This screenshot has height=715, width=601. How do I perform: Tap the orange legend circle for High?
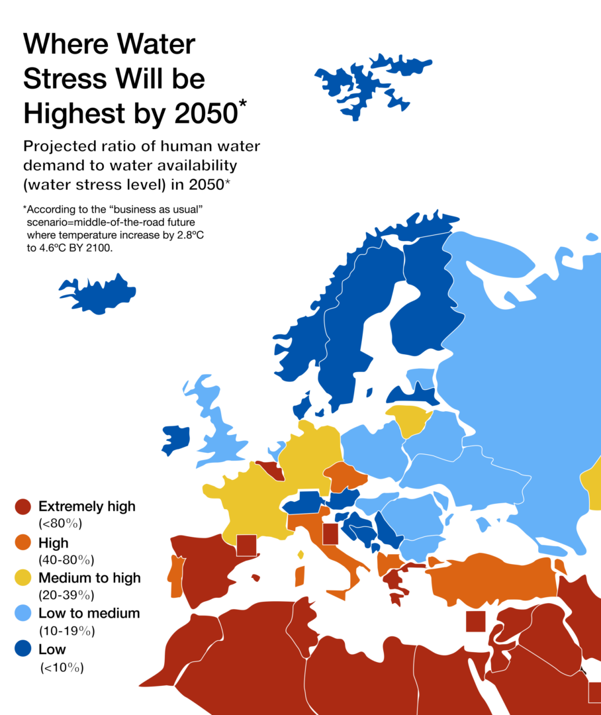click(x=23, y=543)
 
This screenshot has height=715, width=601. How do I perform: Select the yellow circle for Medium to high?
click(x=23, y=578)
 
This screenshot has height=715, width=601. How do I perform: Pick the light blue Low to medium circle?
click(x=23, y=613)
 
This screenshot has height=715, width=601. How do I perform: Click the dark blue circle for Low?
click(x=23, y=649)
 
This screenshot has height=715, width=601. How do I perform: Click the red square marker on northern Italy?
click(x=330, y=534)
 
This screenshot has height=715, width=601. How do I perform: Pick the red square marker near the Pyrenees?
click(x=246, y=545)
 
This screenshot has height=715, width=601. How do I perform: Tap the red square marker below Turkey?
click(x=475, y=622)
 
